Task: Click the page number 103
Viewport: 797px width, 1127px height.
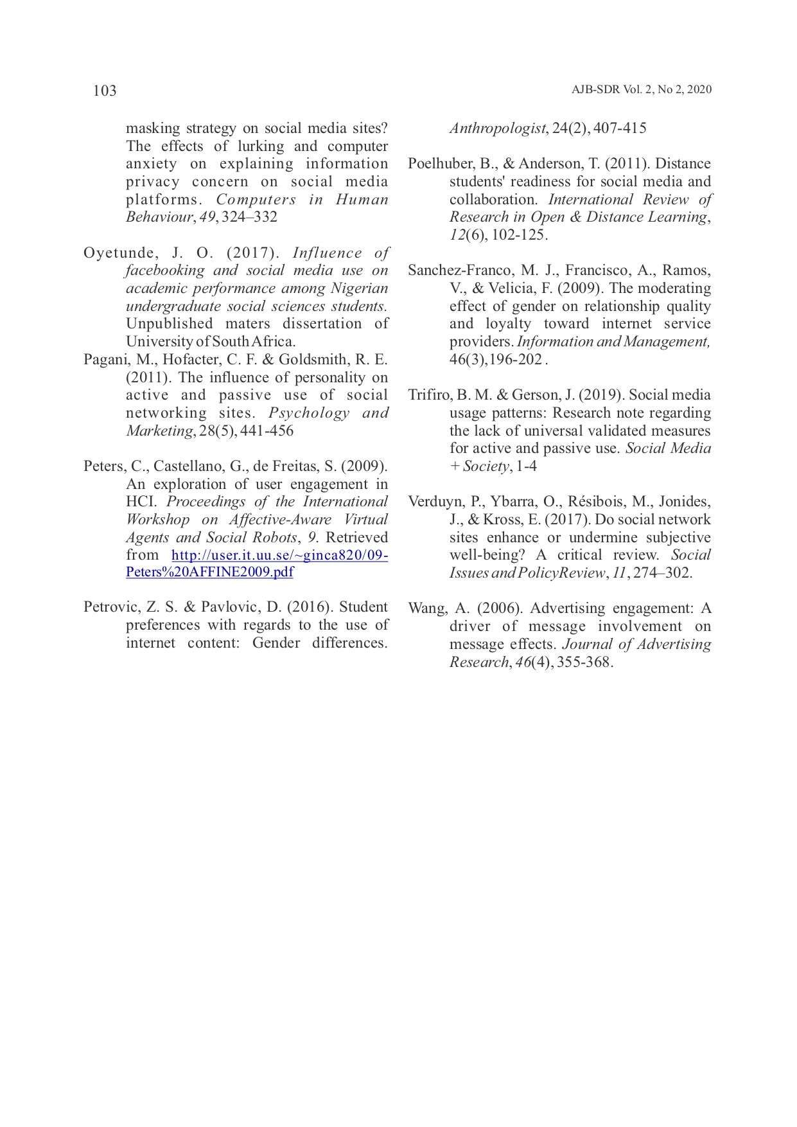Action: [105, 91]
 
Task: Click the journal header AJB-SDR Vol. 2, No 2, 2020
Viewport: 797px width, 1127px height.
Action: [641, 90]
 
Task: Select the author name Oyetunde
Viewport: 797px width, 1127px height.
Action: [119, 253]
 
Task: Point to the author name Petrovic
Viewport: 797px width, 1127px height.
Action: [110, 607]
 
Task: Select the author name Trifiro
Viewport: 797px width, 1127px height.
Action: [428, 395]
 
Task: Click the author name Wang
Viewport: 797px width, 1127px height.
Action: [425, 608]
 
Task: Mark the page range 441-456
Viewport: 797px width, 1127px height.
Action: [267, 431]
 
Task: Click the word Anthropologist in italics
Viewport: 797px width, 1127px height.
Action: [497, 129]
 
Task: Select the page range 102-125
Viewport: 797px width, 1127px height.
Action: [518, 235]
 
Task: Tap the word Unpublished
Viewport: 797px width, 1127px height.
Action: [169, 324]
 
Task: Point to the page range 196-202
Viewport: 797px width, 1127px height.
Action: [516, 360]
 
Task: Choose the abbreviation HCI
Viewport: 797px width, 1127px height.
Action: [141, 502]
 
